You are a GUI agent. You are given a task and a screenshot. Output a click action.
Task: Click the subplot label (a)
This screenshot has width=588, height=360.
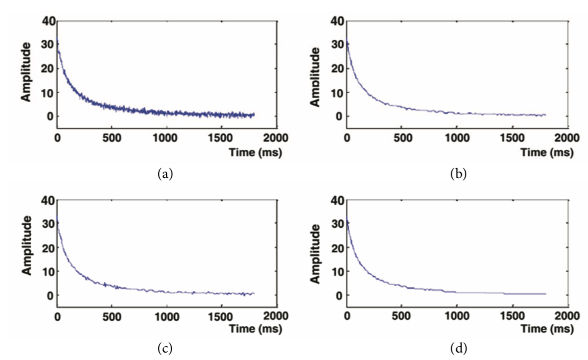click(166, 174)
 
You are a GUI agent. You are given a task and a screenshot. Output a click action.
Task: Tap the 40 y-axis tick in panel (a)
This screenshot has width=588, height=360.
click(48, 21)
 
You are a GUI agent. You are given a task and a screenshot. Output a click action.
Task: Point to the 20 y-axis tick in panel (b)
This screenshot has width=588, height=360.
click(338, 68)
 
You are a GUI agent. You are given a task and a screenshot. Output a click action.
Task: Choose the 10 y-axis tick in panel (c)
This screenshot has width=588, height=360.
click(48, 271)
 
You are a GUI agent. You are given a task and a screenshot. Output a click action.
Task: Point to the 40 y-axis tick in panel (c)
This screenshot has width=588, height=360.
click(48, 200)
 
